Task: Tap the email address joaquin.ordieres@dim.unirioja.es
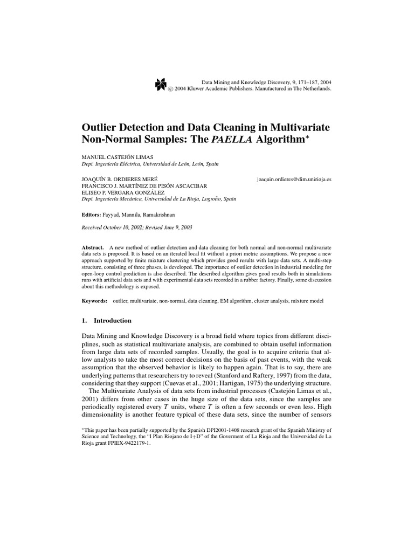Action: click(x=294, y=178)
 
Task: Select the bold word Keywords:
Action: click(x=95, y=300)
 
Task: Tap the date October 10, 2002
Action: click(x=122, y=227)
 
